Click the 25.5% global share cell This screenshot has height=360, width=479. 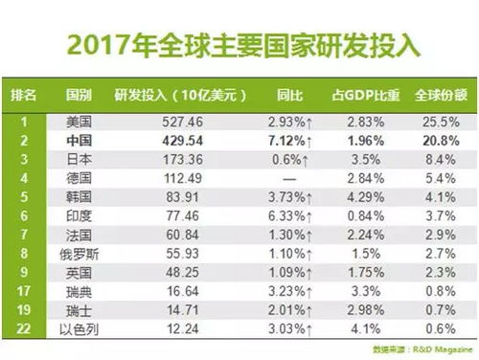[x=436, y=122]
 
